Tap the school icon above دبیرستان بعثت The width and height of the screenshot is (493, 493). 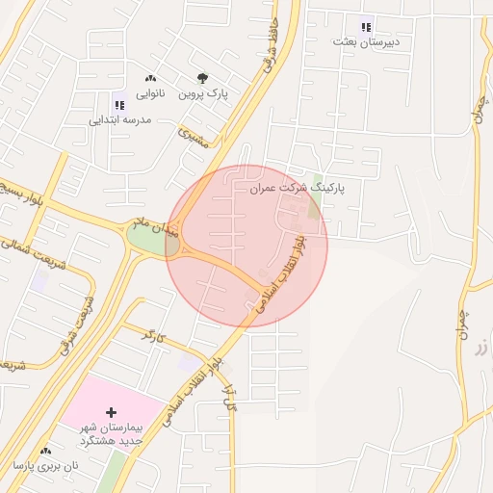pos(365,27)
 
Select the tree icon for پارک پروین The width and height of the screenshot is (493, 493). pos(202,79)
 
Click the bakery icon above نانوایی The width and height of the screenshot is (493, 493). pos(150,79)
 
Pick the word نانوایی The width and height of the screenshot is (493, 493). pos(150,94)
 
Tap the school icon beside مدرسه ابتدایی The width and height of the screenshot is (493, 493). pos(119,104)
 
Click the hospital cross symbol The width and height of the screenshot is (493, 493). pos(112,411)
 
